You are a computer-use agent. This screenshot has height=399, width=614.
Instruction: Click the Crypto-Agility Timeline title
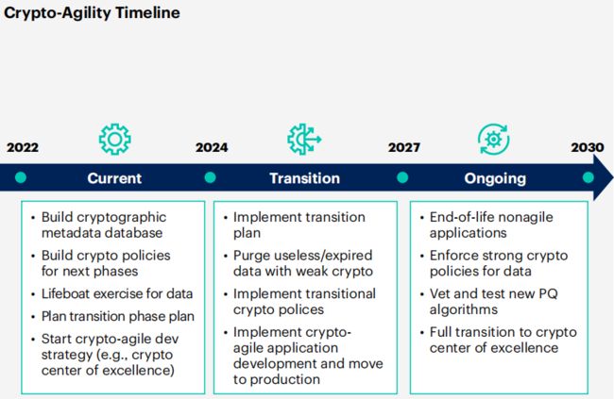[x=92, y=13]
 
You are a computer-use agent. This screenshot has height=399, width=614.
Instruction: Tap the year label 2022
[x=23, y=147]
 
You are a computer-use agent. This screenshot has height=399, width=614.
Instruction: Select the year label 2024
[x=212, y=147]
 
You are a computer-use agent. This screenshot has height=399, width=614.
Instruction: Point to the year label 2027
[x=404, y=147]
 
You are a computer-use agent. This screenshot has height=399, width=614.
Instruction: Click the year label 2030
[x=588, y=147]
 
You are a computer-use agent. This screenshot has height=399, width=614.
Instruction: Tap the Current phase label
[x=114, y=178]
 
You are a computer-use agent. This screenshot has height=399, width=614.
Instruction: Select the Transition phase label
[x=305, y=178]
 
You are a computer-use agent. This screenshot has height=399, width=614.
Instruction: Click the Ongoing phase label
[x=495, y=179]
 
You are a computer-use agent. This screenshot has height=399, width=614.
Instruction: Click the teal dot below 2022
[x=21, y=177]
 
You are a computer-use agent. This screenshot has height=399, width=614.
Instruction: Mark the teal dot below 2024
[x=211, y=177]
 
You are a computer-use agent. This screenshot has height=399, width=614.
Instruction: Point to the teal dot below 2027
[x=402, y=177]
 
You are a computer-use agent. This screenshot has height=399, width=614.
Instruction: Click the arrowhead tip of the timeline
[x=613, y=177]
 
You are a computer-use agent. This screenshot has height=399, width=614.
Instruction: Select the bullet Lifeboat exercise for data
[x=117, y=293]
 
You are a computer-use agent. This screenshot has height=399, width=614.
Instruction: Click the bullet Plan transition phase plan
[x=118, y=316]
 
